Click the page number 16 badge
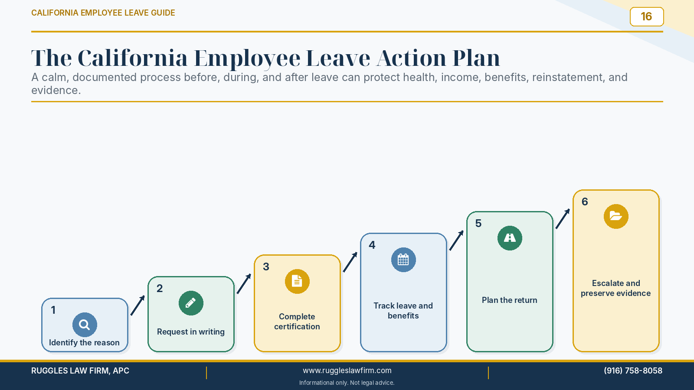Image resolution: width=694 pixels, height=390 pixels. point(647,17)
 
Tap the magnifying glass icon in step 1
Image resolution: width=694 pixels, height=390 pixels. point(85,325)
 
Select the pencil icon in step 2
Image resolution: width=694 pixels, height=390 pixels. point(191,303)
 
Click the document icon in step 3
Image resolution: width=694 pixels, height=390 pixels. point(297,281)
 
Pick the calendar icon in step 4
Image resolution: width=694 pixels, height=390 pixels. point(403,260)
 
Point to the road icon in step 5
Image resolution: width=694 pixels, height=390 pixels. point(510,238)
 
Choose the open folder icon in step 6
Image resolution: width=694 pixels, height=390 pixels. point(616,216)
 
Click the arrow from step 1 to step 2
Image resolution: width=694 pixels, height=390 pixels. point(137,305)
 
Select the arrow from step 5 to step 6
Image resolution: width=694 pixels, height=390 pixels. point(563,219)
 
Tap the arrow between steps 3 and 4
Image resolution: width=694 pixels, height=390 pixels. point(350,262)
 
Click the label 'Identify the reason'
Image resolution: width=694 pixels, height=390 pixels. point(84,343)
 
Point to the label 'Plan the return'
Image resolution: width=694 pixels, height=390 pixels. point(509,300)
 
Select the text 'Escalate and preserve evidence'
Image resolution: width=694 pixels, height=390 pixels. point(615,288)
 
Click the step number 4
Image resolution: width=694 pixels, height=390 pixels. point(372,245)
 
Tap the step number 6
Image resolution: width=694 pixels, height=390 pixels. point(585,202)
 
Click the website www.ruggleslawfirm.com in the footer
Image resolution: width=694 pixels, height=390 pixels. point(347,370)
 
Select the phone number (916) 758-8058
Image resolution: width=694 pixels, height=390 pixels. point(633,370)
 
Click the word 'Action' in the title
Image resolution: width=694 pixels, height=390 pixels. point(411,58)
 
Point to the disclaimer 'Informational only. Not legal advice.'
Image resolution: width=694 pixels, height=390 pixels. point(347,383)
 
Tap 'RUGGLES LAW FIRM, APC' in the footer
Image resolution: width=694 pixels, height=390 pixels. point(80,370)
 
